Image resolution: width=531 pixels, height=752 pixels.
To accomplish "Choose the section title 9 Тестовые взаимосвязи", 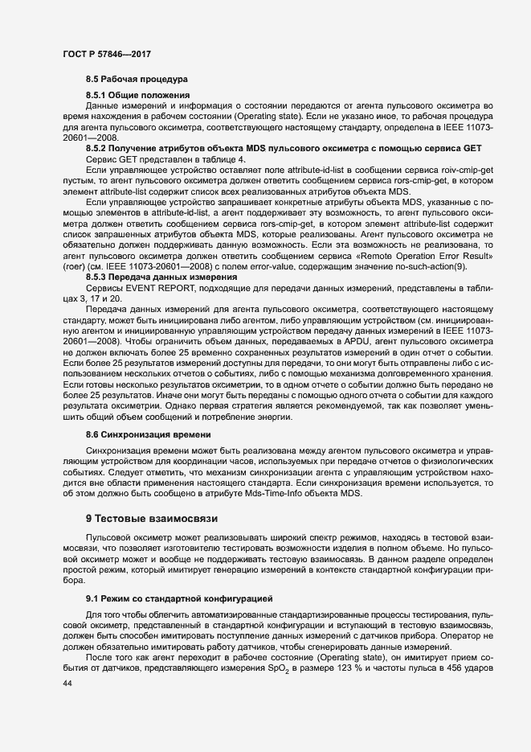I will [151, 518].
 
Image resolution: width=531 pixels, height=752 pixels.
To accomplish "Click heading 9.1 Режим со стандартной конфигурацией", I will [179, 599].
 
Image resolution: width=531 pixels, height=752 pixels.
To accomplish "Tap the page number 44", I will [68, 682].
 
